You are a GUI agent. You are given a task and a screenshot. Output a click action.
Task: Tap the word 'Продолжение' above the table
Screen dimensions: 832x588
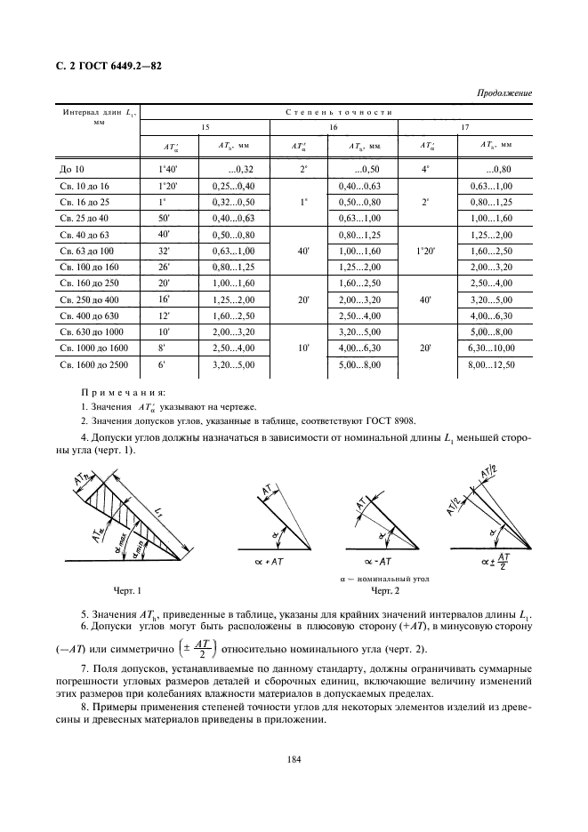point(504,92)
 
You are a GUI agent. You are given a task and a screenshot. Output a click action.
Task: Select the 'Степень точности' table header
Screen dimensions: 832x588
point(341,111)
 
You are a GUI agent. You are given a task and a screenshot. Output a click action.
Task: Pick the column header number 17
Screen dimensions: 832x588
point(463,127)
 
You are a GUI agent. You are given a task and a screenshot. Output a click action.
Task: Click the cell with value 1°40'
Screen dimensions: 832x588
point(169,168)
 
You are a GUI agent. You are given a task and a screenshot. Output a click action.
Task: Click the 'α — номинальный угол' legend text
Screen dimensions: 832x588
point(385,578)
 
